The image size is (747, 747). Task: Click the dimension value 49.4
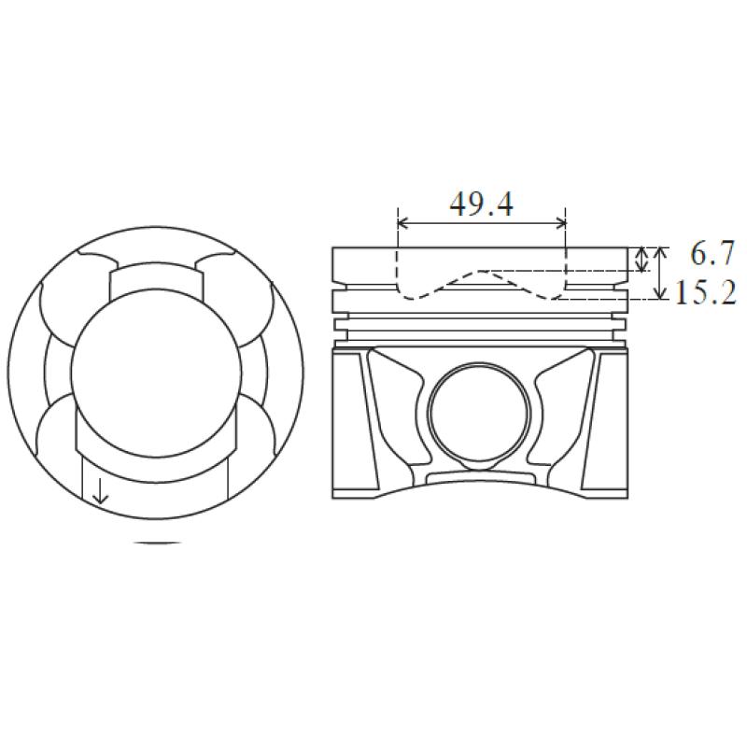482,204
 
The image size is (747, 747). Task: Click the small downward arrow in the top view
100,492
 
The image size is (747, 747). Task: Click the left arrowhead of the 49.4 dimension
403,222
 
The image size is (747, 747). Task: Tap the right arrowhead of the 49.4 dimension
559,222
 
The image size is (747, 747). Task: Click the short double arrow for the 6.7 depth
642,260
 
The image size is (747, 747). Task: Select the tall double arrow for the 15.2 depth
660,273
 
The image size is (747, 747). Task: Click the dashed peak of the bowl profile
480,271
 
